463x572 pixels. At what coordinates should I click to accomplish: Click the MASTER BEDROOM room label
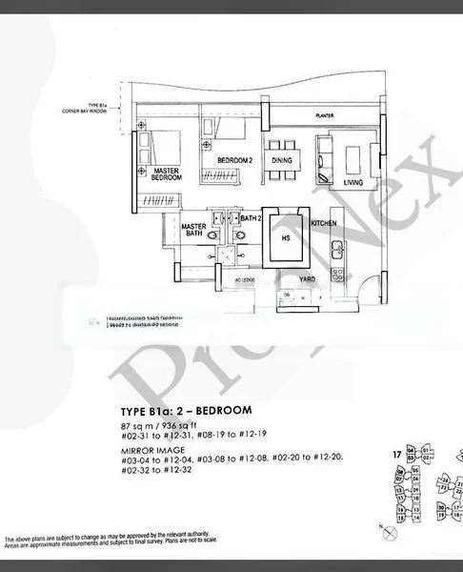click(x=168, y=174)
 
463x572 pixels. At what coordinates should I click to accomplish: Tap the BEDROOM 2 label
click(x=232, y=160)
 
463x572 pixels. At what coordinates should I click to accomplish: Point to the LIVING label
click(x=353, y=181)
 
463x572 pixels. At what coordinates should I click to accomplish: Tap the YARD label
click(x=308, y=279)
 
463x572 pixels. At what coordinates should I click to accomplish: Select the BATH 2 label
click(x=251, y=219)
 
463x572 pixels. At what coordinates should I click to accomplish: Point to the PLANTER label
click(x=315, y=117)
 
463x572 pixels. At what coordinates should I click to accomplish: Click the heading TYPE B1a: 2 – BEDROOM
click(x=180, y=410)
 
